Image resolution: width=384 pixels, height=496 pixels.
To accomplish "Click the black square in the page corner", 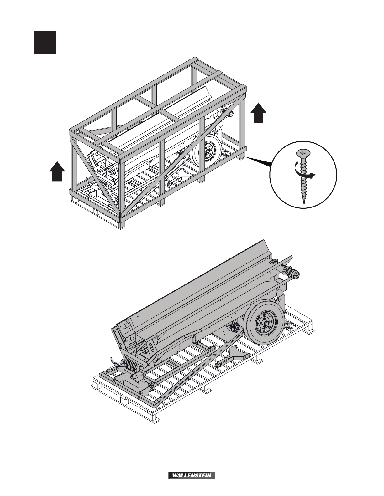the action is (x=45, y=42).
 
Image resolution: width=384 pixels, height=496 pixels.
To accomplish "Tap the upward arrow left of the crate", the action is (x=57, y=171).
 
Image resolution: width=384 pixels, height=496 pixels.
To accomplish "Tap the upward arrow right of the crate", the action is (x=258, y=113).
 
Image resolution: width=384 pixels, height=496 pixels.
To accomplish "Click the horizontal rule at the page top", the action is (x=192, y=23).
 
